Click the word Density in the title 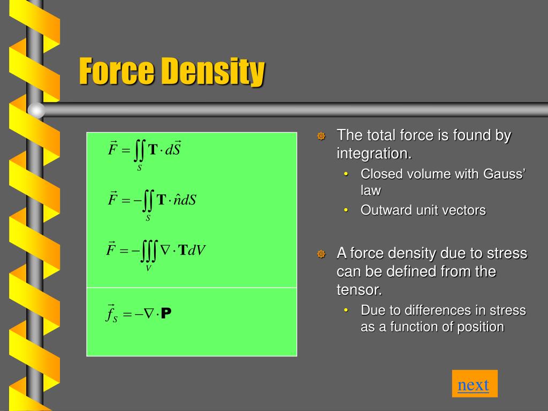(x=214, y=72)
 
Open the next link (x=474, y=384)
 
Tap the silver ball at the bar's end (x=36, y=110)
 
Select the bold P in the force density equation (x=166, y=314)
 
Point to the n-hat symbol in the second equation (x=177, y=200)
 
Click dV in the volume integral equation (x=196, y=250)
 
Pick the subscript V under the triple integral (x=148, y=268)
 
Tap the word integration (x=372, y=154)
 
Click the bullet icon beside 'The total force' (x=321, y=136)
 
